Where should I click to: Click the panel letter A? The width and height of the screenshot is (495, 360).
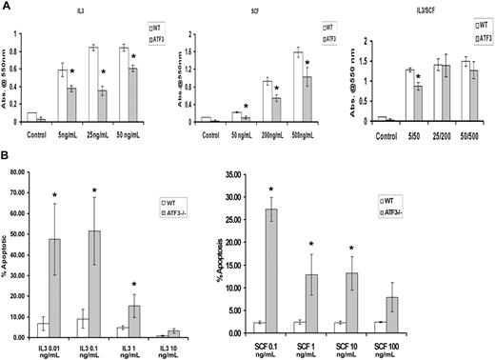(x=6, y=6)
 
